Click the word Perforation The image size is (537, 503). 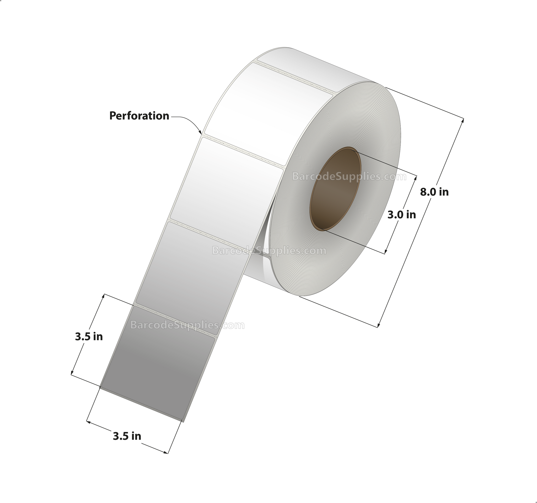click(139, 116)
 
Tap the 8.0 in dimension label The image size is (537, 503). click(434, 192)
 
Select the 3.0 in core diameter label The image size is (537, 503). click(401, 215)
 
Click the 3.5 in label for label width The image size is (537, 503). click(127, 436)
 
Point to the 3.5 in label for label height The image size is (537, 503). click(89, 337)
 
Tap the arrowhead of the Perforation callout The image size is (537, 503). click(201, 133)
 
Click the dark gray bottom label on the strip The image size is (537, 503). click(158, 365)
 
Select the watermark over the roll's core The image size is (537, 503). click(349, 177)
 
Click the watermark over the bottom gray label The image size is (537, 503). click(187, 325)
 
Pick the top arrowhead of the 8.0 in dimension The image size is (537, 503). click(463, 120)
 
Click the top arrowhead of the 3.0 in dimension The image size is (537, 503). click(416, 178)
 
